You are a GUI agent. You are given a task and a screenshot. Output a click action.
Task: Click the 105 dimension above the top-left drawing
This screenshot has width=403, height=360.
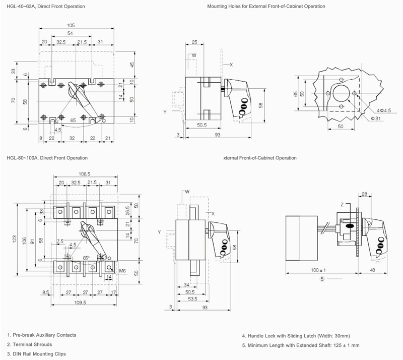pos(71,25)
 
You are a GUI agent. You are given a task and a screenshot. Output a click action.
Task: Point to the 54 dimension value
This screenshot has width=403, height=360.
pos(70,33)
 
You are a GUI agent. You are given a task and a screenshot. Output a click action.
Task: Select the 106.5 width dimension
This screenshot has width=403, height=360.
pos(84,174)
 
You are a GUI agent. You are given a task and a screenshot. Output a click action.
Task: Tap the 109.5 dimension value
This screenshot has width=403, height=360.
pos(80,303)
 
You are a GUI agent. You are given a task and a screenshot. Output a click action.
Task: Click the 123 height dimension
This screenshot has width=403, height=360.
pos(15,239)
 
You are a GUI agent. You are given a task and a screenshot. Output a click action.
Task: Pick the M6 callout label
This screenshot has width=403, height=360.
pos(122,271)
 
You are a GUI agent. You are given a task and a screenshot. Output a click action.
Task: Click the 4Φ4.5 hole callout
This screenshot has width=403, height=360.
pos(384,110)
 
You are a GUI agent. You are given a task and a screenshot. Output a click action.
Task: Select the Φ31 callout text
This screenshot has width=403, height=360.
pos(376,118)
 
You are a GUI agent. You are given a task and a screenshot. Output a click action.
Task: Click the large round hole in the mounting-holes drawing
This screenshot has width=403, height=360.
pos(342,93)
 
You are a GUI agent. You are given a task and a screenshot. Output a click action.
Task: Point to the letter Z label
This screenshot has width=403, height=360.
pos(342,205)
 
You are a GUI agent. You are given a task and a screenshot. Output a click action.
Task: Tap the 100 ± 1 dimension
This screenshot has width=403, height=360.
pos(318,270)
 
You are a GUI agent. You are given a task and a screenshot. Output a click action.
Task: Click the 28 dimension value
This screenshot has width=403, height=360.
pos(364,194)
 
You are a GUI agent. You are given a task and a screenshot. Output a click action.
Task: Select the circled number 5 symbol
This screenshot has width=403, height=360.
pos(322,279)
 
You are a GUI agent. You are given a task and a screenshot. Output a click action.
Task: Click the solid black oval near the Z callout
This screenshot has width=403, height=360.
pos(350,226)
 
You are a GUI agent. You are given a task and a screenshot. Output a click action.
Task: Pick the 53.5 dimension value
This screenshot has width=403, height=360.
pos(192,299)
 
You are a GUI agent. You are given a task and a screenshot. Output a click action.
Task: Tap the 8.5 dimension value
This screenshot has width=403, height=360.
pos(46,292)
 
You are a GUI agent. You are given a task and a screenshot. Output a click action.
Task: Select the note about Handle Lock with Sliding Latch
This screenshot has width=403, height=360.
pos(296,336)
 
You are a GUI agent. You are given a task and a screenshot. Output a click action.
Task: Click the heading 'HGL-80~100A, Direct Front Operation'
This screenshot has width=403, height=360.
pos(47,158)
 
